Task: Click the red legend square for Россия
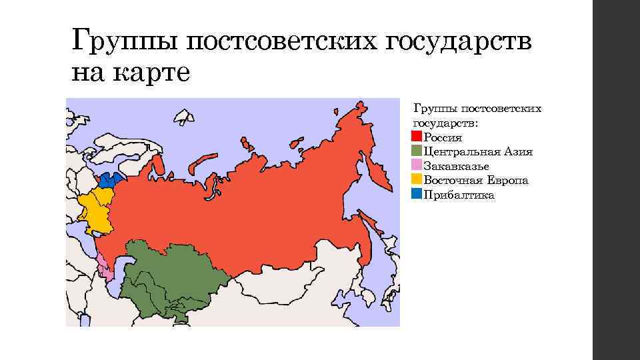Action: (x=417, y=137)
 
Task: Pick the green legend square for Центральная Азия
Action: (x=417, y=151)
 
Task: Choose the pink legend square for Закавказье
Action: (x=417, y=166)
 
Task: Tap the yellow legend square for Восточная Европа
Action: (x=417, y=180)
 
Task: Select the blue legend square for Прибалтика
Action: (x=417, y=195)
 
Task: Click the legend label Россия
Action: (x=443, y=137)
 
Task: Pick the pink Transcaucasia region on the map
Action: (x=103, y=267)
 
